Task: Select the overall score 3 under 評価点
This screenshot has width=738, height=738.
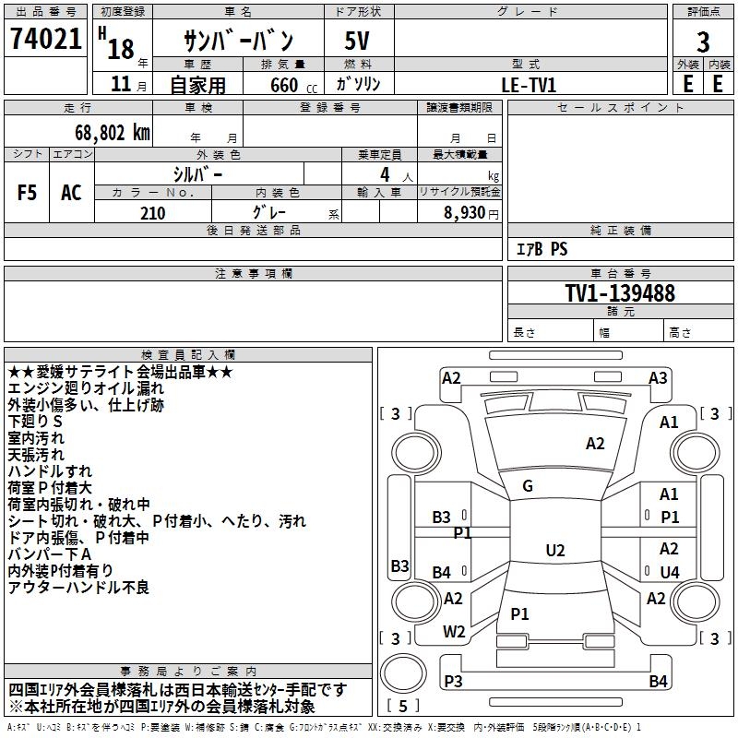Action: click(703, 43)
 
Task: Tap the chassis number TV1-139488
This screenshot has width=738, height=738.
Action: click(620, 294)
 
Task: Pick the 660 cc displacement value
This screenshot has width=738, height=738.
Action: click(284, 85)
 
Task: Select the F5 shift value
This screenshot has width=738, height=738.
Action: click(28, 193)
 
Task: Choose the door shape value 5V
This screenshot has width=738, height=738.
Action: click(359, 42)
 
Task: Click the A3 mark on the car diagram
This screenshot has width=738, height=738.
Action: click(658, 377)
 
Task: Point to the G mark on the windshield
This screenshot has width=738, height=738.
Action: click(528, 486)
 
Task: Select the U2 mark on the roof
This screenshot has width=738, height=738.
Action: click(555, 551)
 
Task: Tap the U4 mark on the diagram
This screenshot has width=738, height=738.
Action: click(670, 572)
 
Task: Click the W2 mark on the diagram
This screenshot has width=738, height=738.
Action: click(454, 632)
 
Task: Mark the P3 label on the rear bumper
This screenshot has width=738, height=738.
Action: click(453, 682)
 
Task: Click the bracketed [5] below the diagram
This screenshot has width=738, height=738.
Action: click(403, 707)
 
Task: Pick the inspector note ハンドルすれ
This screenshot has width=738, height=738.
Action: click(50, 471)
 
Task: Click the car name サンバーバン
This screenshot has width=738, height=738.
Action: click(238, 42)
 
